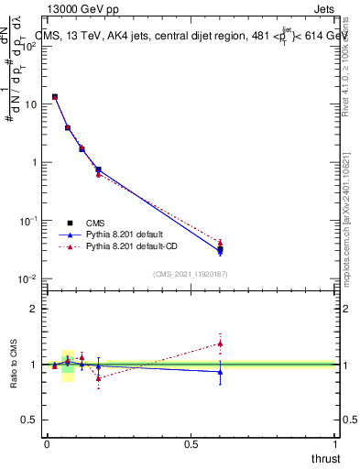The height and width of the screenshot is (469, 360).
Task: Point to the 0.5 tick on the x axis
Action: [191, 444]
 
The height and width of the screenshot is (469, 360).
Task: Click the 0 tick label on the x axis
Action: [47, 444]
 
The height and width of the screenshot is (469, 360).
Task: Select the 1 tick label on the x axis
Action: [335, 444]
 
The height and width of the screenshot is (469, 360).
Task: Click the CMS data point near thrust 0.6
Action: [220, 249]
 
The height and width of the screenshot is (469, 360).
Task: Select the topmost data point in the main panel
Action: [55, 96]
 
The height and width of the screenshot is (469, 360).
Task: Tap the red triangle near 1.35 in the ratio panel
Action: [220, 344]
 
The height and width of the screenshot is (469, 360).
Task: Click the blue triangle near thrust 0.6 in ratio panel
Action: [220, 372]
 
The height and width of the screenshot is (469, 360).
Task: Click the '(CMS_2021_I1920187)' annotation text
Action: [191, 273]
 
